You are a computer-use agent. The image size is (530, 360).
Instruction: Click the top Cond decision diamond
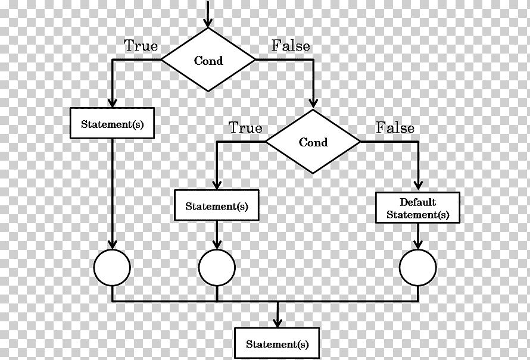(x=208, y=60)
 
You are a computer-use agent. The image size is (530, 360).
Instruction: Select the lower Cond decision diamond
(x=313, y=142)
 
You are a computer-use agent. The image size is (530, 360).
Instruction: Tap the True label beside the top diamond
(x=141, y=46)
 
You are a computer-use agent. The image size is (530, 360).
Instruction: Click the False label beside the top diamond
(x=291, y=46)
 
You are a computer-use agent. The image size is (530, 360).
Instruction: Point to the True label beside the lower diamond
(x=246, y=128)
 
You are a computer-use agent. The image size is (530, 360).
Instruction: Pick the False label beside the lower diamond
(x=395, y=128)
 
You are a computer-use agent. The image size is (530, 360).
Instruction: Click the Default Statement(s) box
(x=418, y=208)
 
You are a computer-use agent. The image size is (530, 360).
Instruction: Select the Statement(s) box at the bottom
(x=277, y=343)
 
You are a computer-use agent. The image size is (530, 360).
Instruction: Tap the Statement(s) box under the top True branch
(x=112, y=123)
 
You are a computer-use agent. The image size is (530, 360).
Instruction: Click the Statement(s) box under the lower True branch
(x=217, y=205)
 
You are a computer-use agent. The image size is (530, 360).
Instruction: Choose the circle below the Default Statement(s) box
(x=418, y=268)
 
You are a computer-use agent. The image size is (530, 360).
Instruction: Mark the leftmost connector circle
(x=112, y=268)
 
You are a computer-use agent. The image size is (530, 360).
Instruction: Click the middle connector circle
(x=217, y=268)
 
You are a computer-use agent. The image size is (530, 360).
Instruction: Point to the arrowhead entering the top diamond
(x=208, y=23)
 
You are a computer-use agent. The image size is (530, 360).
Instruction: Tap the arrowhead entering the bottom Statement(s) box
(x=278, y=323)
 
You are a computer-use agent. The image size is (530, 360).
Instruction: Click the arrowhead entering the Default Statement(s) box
(x=418, y=186)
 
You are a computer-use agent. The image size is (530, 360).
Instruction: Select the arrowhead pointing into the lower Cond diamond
(x=313, y=103)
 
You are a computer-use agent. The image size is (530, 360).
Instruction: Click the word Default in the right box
(x=418, y=202)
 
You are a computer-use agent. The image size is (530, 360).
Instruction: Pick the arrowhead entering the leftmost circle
(x=112, y=245)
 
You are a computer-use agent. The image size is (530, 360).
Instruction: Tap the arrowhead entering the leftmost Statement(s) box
(x=112, y=103)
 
